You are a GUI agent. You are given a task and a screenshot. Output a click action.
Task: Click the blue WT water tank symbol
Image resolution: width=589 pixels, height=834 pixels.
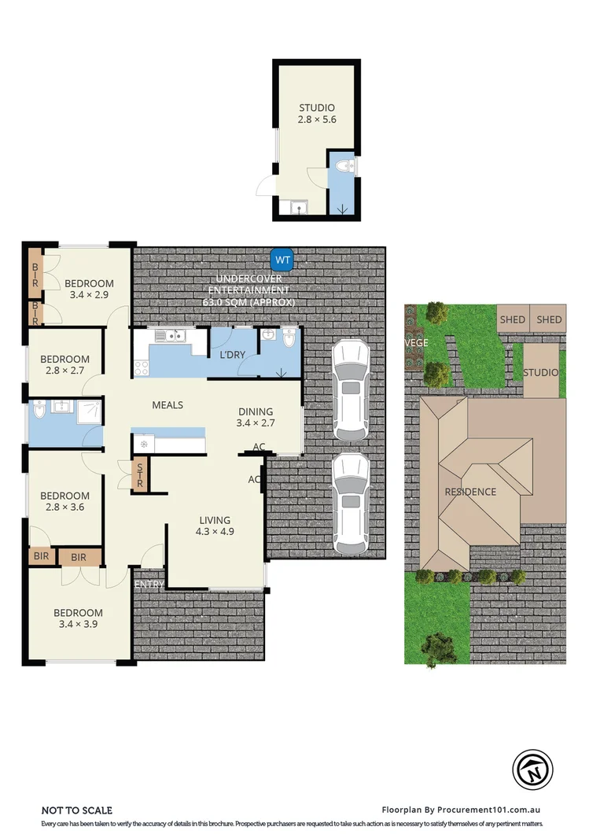coord(282,258)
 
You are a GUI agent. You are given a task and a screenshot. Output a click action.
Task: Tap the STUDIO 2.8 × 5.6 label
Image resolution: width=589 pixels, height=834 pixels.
coord(317,114)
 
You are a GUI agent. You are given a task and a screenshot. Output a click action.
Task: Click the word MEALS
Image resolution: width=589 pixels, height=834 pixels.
coord(167,405)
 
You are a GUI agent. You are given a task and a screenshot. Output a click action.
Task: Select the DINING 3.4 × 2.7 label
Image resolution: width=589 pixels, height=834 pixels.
coord(256,417)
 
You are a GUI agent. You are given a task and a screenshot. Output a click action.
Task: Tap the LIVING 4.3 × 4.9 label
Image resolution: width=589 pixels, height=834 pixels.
coord(215,526)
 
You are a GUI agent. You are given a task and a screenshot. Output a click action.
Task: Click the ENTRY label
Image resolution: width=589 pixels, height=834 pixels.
coord(149,585)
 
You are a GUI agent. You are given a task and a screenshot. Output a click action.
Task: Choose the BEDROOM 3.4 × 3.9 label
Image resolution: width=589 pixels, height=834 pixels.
coord(78,619)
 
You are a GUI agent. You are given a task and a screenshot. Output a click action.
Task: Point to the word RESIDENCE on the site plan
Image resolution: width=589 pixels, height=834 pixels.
coord(470,493)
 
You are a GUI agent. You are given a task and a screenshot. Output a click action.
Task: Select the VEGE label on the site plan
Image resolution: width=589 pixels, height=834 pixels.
coord(415,344)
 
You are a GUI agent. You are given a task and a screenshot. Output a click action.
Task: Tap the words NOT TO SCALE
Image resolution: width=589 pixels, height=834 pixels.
coord(77,810)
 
